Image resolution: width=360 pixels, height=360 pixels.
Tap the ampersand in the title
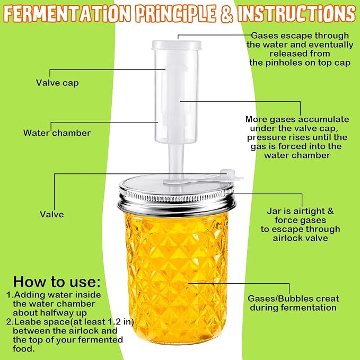click(x=227, y=14)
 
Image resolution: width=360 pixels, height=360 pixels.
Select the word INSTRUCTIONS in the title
click(x=297, y=13)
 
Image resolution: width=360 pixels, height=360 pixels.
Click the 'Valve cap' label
click(x=57, y=83)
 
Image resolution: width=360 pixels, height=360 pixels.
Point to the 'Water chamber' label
click(x=57, y=133)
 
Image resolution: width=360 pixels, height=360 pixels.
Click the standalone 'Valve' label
click(x=52, y=214)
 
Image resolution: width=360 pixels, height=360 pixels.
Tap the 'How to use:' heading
click(x=57, y=282)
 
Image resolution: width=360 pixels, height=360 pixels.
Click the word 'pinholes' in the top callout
click(x=284, y=63)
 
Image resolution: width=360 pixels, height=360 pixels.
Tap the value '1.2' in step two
click(x=115, y=322)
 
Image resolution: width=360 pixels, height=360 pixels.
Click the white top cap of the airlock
click(x=177, y=45)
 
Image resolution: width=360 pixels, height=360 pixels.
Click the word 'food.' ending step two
click(x=24, y=349)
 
